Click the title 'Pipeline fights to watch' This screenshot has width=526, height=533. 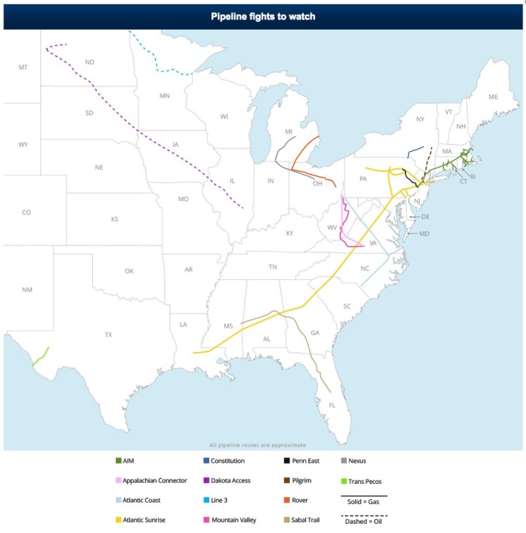(x=263, y=16)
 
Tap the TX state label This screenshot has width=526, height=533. (x=108, y=335)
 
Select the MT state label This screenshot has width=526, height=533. (x=23, y=67)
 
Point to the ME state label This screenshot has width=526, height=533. (x=492, y=96)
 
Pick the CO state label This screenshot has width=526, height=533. (x=26, y=212)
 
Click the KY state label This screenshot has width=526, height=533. (x=290, y=233)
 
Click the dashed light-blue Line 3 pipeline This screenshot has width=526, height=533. (x=169, y=71)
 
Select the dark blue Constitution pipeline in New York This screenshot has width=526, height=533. (x=416, y=151)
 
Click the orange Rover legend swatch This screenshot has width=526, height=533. (x=286, y=501)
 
